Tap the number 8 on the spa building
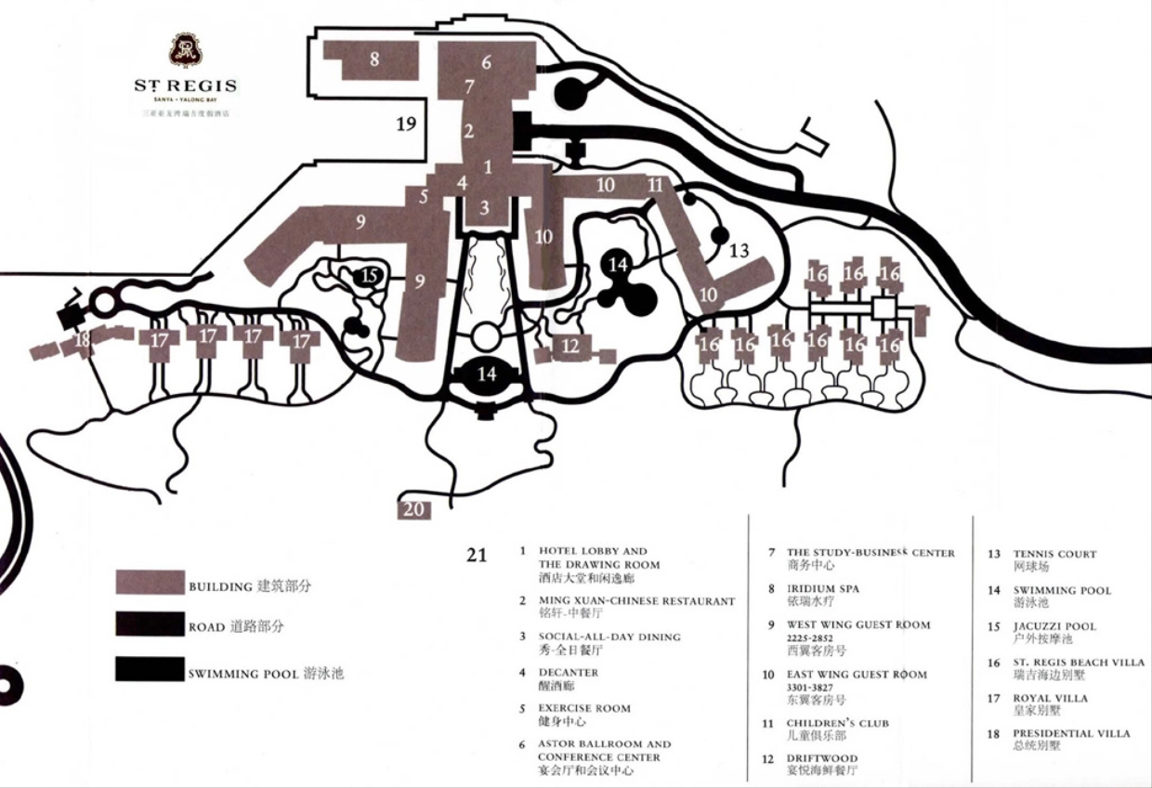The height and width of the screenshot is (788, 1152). point(374,59)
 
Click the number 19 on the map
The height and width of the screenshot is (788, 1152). point(406,125)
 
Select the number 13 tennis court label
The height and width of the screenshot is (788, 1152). point(739,250)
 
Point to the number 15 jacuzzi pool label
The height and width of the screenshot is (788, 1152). point(370,276)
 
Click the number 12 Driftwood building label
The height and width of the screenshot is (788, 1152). point(570,346)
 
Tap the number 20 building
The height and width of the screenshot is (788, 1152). point(414,509)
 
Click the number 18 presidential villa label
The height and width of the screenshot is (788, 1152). point(83,339)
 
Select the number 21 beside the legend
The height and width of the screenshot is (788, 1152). point(477,556)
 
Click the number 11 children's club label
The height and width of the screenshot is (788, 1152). point(656,185)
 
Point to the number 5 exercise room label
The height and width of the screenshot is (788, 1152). point(423,197)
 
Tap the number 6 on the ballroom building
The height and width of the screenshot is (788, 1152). point(486,63)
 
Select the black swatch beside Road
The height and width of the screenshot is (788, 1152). point(149,624)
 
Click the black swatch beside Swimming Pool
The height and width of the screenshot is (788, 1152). point(149,669)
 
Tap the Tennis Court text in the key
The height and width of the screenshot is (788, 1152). point(1054,554)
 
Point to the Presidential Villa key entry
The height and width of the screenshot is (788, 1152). point(1071,733)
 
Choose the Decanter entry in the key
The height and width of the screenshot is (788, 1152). point(568,672)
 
